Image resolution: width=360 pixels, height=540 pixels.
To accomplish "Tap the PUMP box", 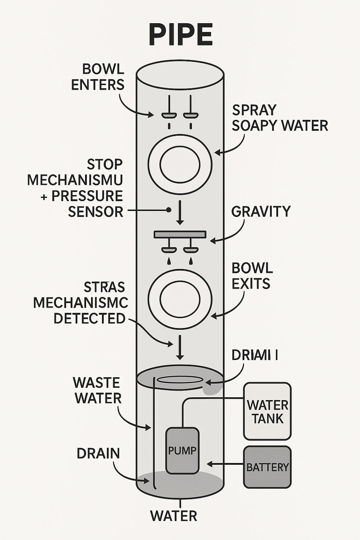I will (x=182, y=450).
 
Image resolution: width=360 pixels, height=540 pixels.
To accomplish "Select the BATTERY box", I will (x=267, y=467).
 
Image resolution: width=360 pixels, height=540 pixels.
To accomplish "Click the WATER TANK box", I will (x=267, y=411).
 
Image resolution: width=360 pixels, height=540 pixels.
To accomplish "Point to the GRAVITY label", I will (x=261, y=212).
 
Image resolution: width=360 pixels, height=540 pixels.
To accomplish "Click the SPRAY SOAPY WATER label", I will (x=279, y=118).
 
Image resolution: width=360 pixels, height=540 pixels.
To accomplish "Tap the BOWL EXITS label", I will (x=252, y=276).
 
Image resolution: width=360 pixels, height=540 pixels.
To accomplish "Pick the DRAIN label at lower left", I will (x=98, y=454).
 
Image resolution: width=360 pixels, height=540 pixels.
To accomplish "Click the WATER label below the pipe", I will (x=174, y=516).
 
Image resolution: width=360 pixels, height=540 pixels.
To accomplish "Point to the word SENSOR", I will (x=96, y=212).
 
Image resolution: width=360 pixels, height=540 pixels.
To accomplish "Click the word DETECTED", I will (x=90, y=319).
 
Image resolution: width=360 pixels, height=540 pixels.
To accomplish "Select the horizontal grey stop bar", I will (x=180, y=234).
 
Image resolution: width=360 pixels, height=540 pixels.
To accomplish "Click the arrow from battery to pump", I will (x=225, y=464).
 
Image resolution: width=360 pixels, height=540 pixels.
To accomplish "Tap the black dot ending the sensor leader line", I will (x=168, y=210).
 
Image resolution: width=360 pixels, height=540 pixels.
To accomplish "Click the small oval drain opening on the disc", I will (x=180, y=380).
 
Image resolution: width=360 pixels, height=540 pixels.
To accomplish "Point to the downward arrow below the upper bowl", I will (x=180, y=212).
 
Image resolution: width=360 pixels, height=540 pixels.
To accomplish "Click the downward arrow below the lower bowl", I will (x=180, y=347).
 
